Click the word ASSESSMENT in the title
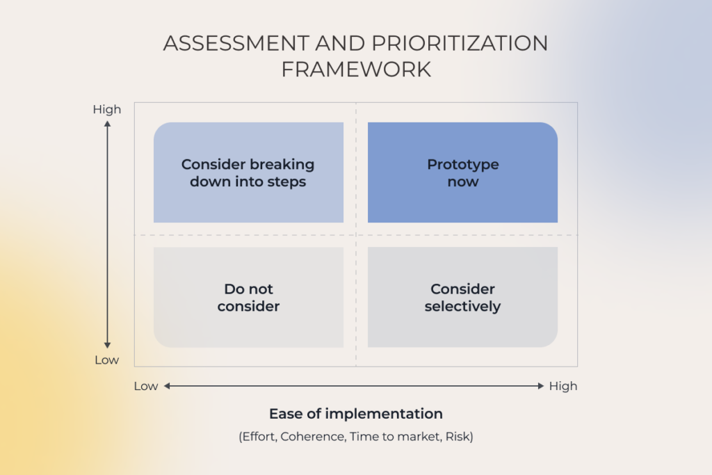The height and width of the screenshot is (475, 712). [236, 44]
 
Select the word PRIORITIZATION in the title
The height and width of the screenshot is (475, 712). [460, 44]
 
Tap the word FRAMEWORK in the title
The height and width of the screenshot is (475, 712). [356, 70]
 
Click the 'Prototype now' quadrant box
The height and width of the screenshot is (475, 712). [462, 172]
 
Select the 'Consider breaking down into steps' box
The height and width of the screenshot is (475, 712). [248, 172]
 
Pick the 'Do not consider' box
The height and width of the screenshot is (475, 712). [248, 298]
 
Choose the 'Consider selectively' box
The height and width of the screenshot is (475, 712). [462, 298]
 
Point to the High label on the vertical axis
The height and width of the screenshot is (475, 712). [107, 109]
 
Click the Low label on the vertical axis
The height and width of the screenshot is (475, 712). [106, 360]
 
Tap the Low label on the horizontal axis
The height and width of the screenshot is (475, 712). [146, 386]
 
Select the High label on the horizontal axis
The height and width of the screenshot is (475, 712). [563, 386]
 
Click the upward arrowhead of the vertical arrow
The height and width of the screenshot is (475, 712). [107, 124]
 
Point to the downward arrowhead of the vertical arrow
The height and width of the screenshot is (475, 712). [107, 346]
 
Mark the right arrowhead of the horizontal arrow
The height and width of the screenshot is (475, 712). [540, 386]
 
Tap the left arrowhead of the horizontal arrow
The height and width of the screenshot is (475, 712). [167, 386]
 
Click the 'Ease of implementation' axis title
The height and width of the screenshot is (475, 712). [356, 414]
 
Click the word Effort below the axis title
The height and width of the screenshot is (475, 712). [259, 436]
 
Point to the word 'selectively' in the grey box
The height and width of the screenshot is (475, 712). [462, 307]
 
